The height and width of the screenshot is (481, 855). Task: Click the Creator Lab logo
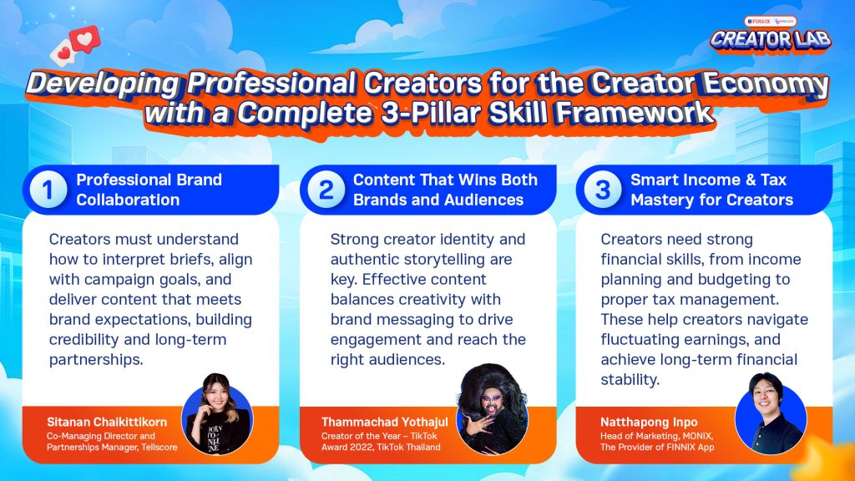coord(771,35)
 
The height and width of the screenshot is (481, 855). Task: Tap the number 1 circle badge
coord(48,190)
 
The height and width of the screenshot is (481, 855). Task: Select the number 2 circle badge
coord(326,190)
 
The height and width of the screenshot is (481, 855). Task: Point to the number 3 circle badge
coord(603,190)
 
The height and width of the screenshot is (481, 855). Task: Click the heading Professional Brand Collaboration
coord(149,190)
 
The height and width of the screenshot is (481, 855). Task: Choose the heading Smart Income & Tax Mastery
coord(711,190)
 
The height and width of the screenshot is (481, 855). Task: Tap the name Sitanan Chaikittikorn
coord(107,422)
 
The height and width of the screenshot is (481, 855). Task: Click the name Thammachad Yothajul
coord(384,422)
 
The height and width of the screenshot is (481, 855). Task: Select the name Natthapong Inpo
coord(649,422)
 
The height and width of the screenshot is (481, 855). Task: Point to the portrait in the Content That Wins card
coord(493,409)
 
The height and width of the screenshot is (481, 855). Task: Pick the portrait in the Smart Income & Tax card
coord(771,413)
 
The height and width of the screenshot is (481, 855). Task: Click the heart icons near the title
coord(75,46)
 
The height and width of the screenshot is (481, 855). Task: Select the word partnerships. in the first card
coord(96,360)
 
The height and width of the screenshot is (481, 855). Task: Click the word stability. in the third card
coord(630,380)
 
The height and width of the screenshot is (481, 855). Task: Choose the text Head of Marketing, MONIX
coord(656,436)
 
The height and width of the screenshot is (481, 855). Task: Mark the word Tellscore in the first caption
coord(159,448)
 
